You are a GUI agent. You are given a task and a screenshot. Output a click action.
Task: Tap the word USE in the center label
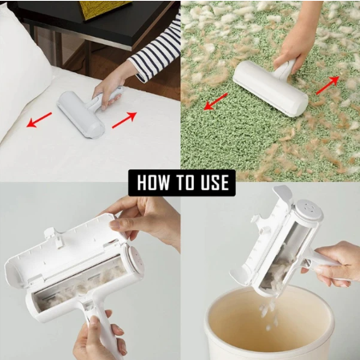(x=212, y=183)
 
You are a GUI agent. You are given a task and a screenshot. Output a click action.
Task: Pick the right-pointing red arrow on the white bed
(x=123, y=120)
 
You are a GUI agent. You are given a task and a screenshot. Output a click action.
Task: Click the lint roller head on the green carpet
(x=269, y=87)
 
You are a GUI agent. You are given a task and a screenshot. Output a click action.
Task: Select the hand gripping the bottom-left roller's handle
(x=97, y=336)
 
